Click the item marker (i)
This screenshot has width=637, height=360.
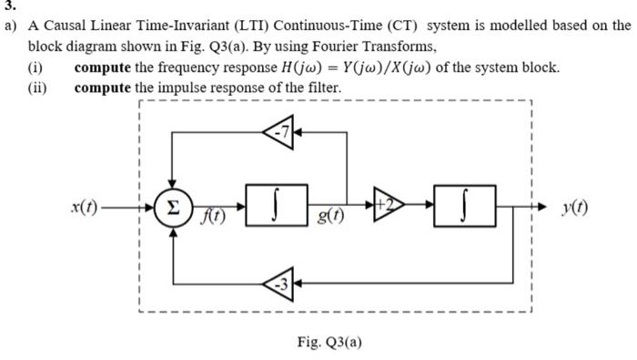(x=38, y=67)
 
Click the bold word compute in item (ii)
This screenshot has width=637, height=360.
(x=103, y=87)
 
